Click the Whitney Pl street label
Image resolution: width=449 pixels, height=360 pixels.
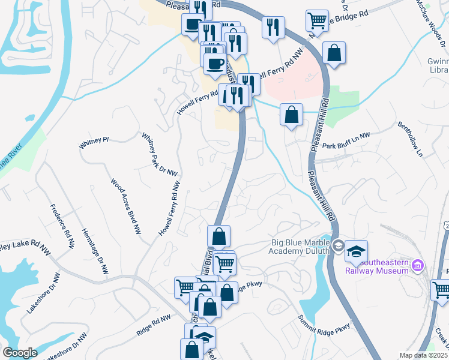tap(94, 142)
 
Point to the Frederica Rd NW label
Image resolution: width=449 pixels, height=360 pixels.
tap(62, 227)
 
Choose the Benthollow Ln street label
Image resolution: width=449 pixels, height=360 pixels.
tap(411, 140)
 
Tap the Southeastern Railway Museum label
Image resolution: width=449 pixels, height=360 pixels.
tap(377, 266)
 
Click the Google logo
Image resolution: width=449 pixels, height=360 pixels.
tap(20, 353)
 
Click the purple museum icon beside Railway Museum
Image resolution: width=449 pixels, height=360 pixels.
tap(419, 265)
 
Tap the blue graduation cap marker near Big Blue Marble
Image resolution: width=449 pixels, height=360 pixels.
tap(356, 251)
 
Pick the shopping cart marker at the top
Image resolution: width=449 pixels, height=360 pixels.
tap(316, 20)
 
